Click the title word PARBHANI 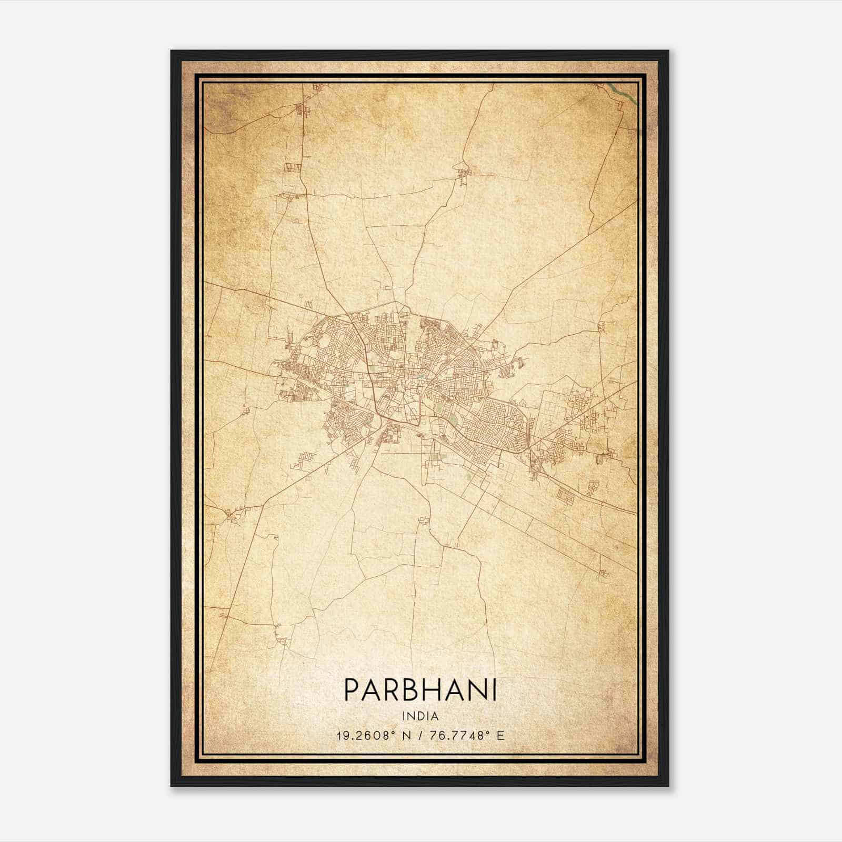tap(420, 690)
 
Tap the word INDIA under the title tap(420, 716)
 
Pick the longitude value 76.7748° tap(457, 735)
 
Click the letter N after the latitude tap(406, 735)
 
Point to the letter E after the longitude tap(500, 735)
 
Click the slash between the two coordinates tap(420, 735)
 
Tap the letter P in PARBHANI tap(352, 690)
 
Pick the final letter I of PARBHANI tap(494, 690)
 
